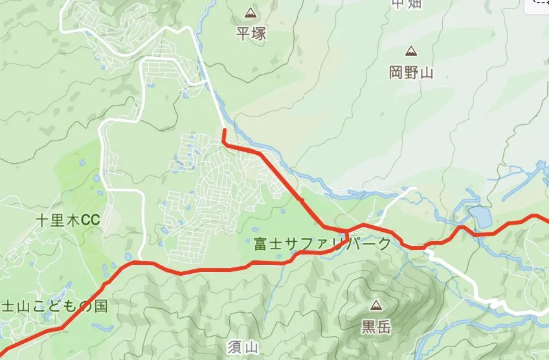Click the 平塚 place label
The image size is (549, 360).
[251, 33]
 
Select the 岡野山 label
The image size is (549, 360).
[410, 72]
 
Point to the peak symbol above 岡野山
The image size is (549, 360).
[410, 51]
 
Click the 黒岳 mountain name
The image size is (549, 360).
[375, 327]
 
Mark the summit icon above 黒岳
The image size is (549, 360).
[375, 305]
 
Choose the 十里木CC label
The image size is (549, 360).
[67, 221]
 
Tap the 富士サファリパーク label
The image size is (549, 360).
[322, 244]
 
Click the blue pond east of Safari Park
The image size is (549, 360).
[480, 217]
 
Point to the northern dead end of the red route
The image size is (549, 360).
[224, 131]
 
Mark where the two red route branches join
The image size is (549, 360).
[346, 231]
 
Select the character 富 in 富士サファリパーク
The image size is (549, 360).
[261, 244]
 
